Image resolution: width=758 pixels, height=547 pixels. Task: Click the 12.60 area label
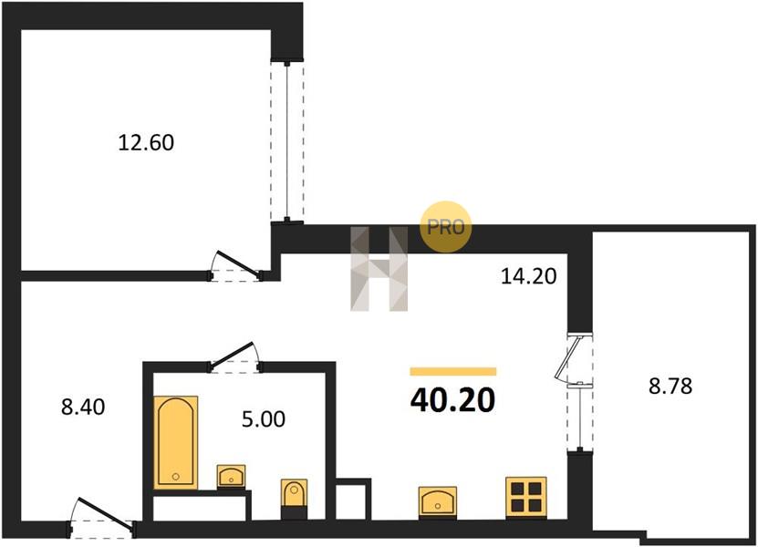(x=146, y=142)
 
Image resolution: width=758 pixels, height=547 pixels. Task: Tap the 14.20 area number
(x=528, y=276)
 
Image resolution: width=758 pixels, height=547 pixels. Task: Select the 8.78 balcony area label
(x=670, y=386)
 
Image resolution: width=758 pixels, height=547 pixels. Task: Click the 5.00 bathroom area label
(x=263, y=419)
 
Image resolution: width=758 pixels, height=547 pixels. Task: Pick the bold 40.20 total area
(x=453, y=400)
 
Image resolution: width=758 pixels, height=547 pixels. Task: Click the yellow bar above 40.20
(x=453, y=371)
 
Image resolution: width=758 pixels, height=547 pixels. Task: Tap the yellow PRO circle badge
(x=445, y=226)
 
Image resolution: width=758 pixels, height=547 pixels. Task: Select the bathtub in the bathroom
(x=175, y=442)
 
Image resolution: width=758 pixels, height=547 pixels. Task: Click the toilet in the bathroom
(x=294, y=499)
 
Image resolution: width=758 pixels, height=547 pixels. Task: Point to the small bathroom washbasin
(x=231, y=477)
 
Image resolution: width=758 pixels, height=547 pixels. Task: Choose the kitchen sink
(x=438, y=502)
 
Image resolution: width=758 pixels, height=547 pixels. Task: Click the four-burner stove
(x=526, y=498)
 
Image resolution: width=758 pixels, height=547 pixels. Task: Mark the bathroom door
(x=235, y=358)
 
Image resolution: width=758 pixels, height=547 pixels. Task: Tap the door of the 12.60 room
(x=236, y=267)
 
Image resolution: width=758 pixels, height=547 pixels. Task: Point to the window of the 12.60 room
(x=287, y=141)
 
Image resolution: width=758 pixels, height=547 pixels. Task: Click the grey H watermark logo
(x=379, y=269)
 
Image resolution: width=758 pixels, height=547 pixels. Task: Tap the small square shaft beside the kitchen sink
(x=353, y=501)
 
